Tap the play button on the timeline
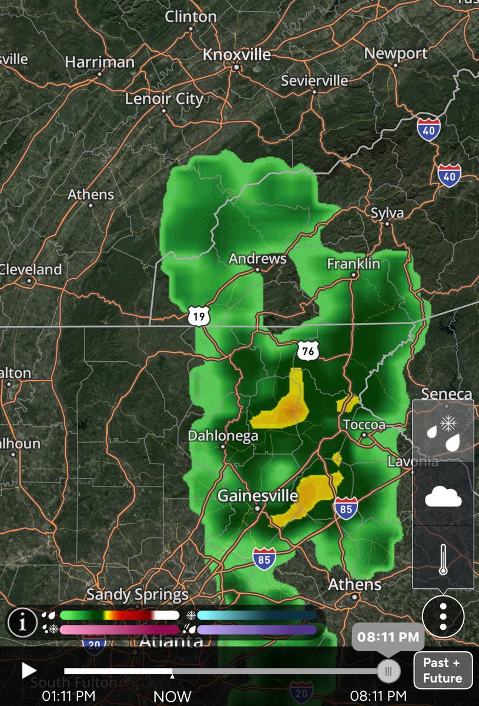(x=29, y=670)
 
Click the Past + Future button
(x=443, y=670)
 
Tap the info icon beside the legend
(x=22, y=622)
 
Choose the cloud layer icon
(x=443, y=497)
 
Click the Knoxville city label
(x=236, y=55)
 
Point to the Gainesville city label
(x=257, y=496)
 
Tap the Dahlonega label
(x=223, y=436)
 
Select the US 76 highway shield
(x=308, y=351)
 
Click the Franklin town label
(x=353, y=264)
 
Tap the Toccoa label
(x=364, y=425)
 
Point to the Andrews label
(x=257, y=259)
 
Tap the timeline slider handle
(x=388, y=670)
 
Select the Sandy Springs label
(x=137, y=595)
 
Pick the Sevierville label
(x=314, y=81)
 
